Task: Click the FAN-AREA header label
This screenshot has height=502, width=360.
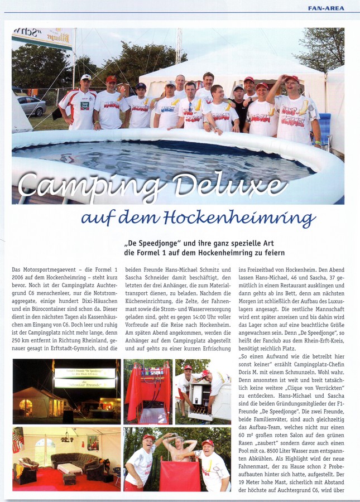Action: coord(326,8)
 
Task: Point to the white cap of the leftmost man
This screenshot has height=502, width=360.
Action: coord(85,78)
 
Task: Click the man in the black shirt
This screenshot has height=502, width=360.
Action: coord(239,104)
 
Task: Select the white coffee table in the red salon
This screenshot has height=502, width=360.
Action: coord(69,468)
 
